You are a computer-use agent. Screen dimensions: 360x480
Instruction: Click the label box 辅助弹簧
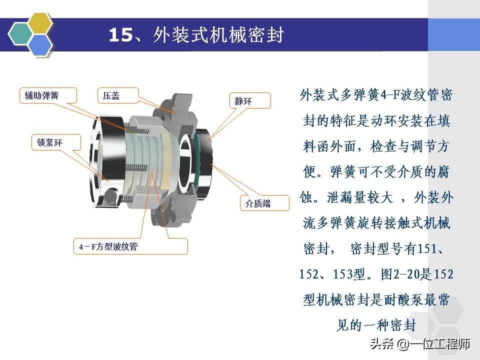tap(48, 95)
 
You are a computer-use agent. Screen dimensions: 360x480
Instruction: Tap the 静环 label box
tap(249, 100)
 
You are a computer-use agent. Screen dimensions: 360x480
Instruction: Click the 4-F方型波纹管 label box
tap(130, 246)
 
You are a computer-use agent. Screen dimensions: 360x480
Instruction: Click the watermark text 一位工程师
tap(439, 344)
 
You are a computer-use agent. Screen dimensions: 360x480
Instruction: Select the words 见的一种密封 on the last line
tap(376, 325)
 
